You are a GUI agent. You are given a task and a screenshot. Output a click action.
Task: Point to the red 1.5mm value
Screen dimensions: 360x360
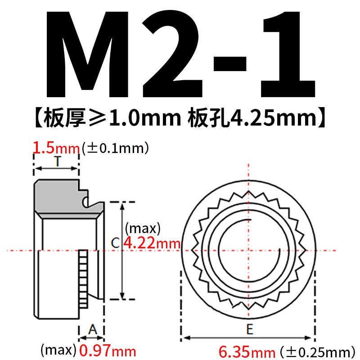click(x=57, y=148)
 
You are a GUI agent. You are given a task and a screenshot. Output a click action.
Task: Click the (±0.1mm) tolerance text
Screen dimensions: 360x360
click(x=115, y=148)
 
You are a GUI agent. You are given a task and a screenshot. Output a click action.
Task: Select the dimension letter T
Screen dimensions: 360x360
click(x=57, y=162)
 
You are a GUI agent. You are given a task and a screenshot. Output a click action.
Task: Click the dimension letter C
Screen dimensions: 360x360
click(x=115, y=243)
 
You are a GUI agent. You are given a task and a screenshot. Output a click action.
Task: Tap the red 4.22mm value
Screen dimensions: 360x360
click(x=152, y=243)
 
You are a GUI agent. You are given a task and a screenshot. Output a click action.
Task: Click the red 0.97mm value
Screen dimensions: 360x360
click(x=107, y=350)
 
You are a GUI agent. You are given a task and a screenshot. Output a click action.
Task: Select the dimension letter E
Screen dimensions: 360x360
click(x=249, y=330)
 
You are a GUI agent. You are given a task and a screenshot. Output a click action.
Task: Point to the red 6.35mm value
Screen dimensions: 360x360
click(x=247, y=351)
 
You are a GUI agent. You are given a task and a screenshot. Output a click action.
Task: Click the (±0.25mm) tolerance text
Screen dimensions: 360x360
click(x=315, y=351)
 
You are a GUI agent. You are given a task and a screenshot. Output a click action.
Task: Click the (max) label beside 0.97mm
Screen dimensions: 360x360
click(x=58, y=350)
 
